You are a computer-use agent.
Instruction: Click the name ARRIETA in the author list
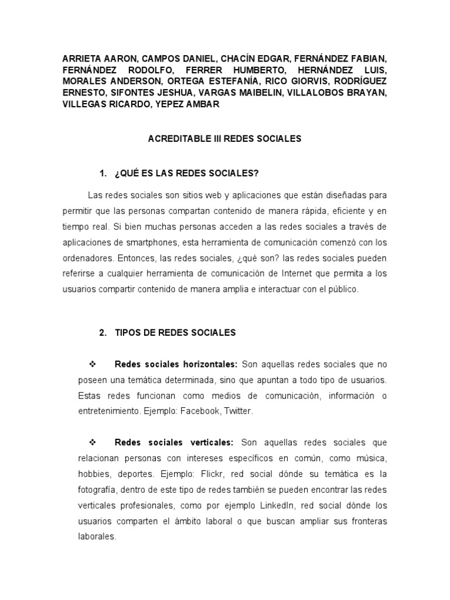click(x=81, y=59)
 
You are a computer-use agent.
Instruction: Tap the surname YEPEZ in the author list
click(x=173, y=104)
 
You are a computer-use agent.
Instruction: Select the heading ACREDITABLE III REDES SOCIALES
click(x=224, y=139)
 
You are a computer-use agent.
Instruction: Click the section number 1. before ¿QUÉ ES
click(x=104, y=173)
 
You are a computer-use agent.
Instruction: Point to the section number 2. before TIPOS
click(x=104, y=332)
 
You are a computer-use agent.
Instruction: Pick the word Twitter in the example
click(x=237, y=411)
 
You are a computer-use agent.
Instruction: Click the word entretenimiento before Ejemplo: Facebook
click(x=112, y=411)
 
